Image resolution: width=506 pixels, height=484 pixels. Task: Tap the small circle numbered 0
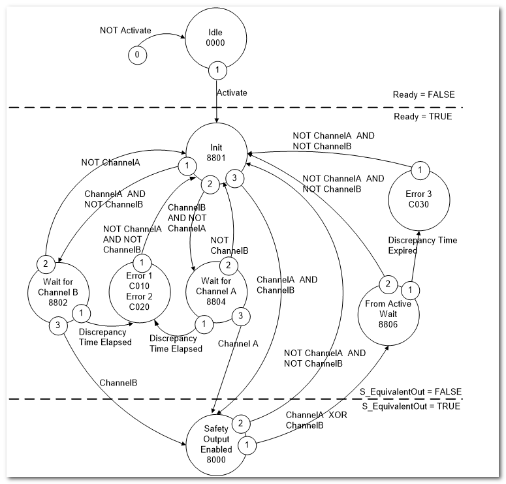click(x=137, y=55)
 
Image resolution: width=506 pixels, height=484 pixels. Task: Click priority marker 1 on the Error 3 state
click(x=420, y=170)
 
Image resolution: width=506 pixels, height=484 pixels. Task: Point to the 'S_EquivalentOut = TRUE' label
click(x=409, y=406)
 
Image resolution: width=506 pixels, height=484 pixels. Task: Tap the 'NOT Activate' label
click(x=125, y=30)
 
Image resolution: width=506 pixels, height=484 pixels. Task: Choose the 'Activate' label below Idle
click(x=232, y=93)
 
